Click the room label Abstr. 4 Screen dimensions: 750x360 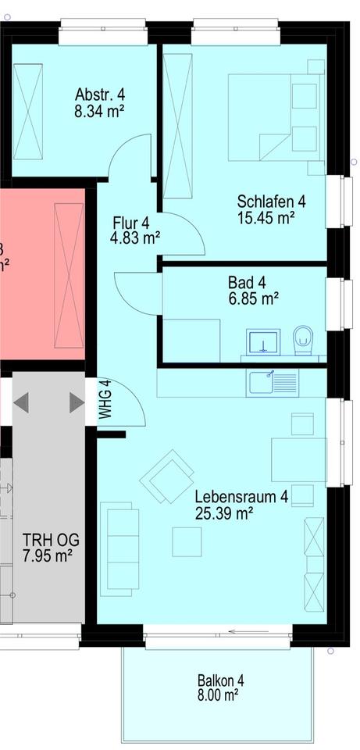pyautogui.click(x=99, y=95)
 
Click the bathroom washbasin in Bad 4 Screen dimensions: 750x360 pyautogui.click(x=263, y=342)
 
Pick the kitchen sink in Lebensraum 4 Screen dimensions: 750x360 pyautogui.click(x=273, y=382)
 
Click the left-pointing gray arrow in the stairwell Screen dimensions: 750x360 pyautogui.click(x=22, y=402)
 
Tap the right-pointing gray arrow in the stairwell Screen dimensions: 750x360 pyautogui.click(x=76, y=402)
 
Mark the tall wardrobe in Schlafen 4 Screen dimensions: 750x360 pyautogui.click(x=177, y=126)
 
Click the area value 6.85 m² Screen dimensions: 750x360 pyautogui.click(x=253, y=298)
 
